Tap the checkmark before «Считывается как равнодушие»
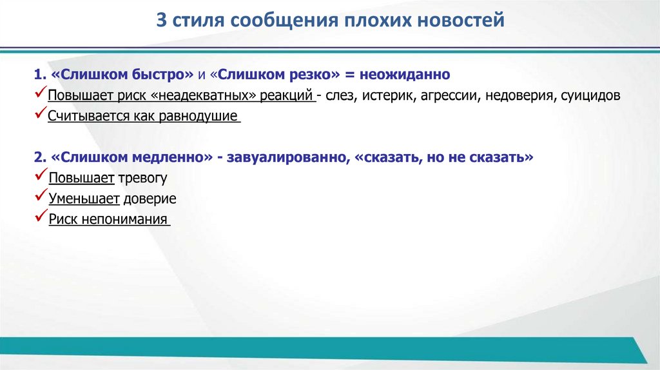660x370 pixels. point(41,116)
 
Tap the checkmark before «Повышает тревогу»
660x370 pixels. point(41,177)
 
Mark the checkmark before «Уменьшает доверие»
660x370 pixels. point(41,197)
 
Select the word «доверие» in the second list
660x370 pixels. point(152,199)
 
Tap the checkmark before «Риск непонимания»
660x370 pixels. point(41,218)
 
